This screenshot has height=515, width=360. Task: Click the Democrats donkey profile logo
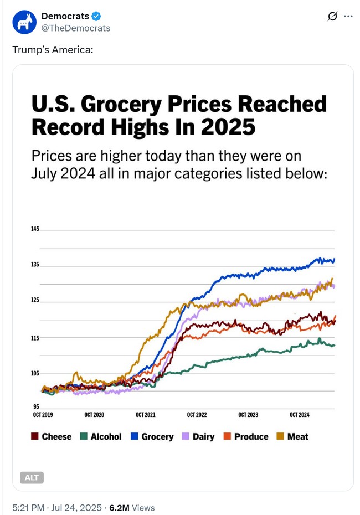click(24, 22)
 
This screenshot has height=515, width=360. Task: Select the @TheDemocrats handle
click(75, 28)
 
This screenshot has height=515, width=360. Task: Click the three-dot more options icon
click(348, 16)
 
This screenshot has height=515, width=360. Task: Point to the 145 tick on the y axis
click(35, 229)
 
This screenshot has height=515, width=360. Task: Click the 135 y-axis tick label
click(35, 265)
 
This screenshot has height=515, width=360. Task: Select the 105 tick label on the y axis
click(35, 373)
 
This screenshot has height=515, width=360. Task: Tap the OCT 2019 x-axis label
click(43, 415)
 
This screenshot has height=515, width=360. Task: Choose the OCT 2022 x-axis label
click(197, 415)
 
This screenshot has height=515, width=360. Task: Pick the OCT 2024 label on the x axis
click(299, 415)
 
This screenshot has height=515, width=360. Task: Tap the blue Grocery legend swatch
click(134, 436)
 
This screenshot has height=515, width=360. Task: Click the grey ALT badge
click(32, 477)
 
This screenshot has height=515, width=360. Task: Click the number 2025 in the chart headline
click(229, 127)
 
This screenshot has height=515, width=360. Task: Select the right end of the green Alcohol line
click(334, 346)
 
